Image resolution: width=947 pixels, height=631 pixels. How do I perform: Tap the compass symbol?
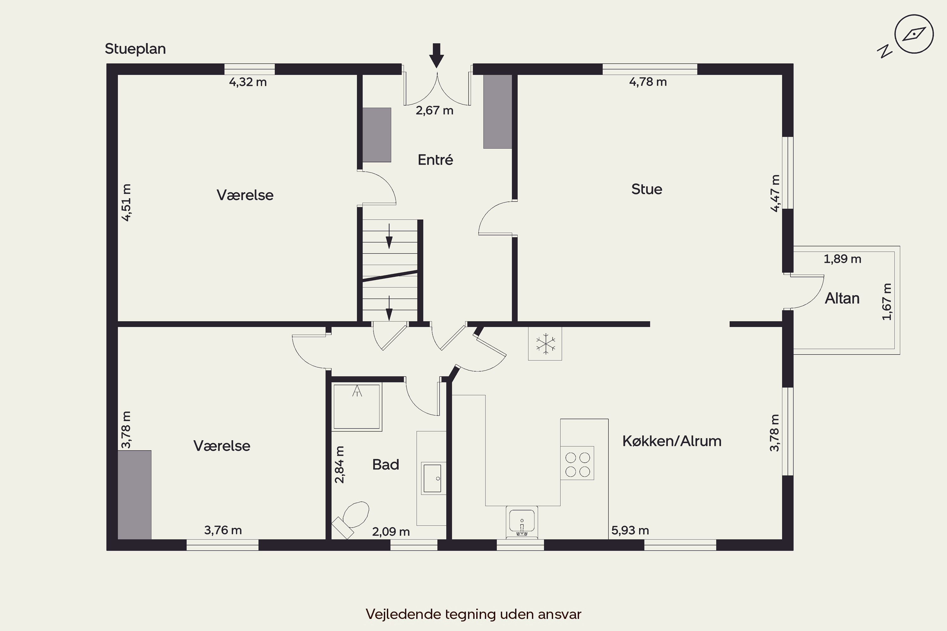(914, 34)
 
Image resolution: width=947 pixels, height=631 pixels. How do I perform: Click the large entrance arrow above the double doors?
(437, 56)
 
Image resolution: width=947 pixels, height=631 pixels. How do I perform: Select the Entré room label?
(435, 160)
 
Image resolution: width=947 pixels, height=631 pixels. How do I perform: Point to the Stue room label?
(646, 189)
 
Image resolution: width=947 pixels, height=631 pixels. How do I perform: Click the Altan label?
(842, 298)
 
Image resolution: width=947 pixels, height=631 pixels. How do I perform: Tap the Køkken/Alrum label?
(672, 441)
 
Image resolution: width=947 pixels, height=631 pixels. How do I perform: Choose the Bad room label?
(386, 464)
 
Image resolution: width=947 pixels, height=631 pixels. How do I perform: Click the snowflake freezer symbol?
(545, 344)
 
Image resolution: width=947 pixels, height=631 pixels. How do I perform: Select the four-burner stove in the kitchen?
(577, 463)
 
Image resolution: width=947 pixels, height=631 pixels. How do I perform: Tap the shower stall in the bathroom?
(357, 407)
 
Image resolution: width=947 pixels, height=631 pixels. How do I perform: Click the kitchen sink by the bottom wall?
(522, 522)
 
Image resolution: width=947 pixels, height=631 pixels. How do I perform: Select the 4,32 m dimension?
(248, 82)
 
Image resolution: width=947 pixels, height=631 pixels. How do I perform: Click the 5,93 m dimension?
(630, 530)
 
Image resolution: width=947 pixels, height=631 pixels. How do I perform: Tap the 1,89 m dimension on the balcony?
(842, 259)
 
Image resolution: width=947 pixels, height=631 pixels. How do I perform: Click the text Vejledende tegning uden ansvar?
(473, 614)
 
